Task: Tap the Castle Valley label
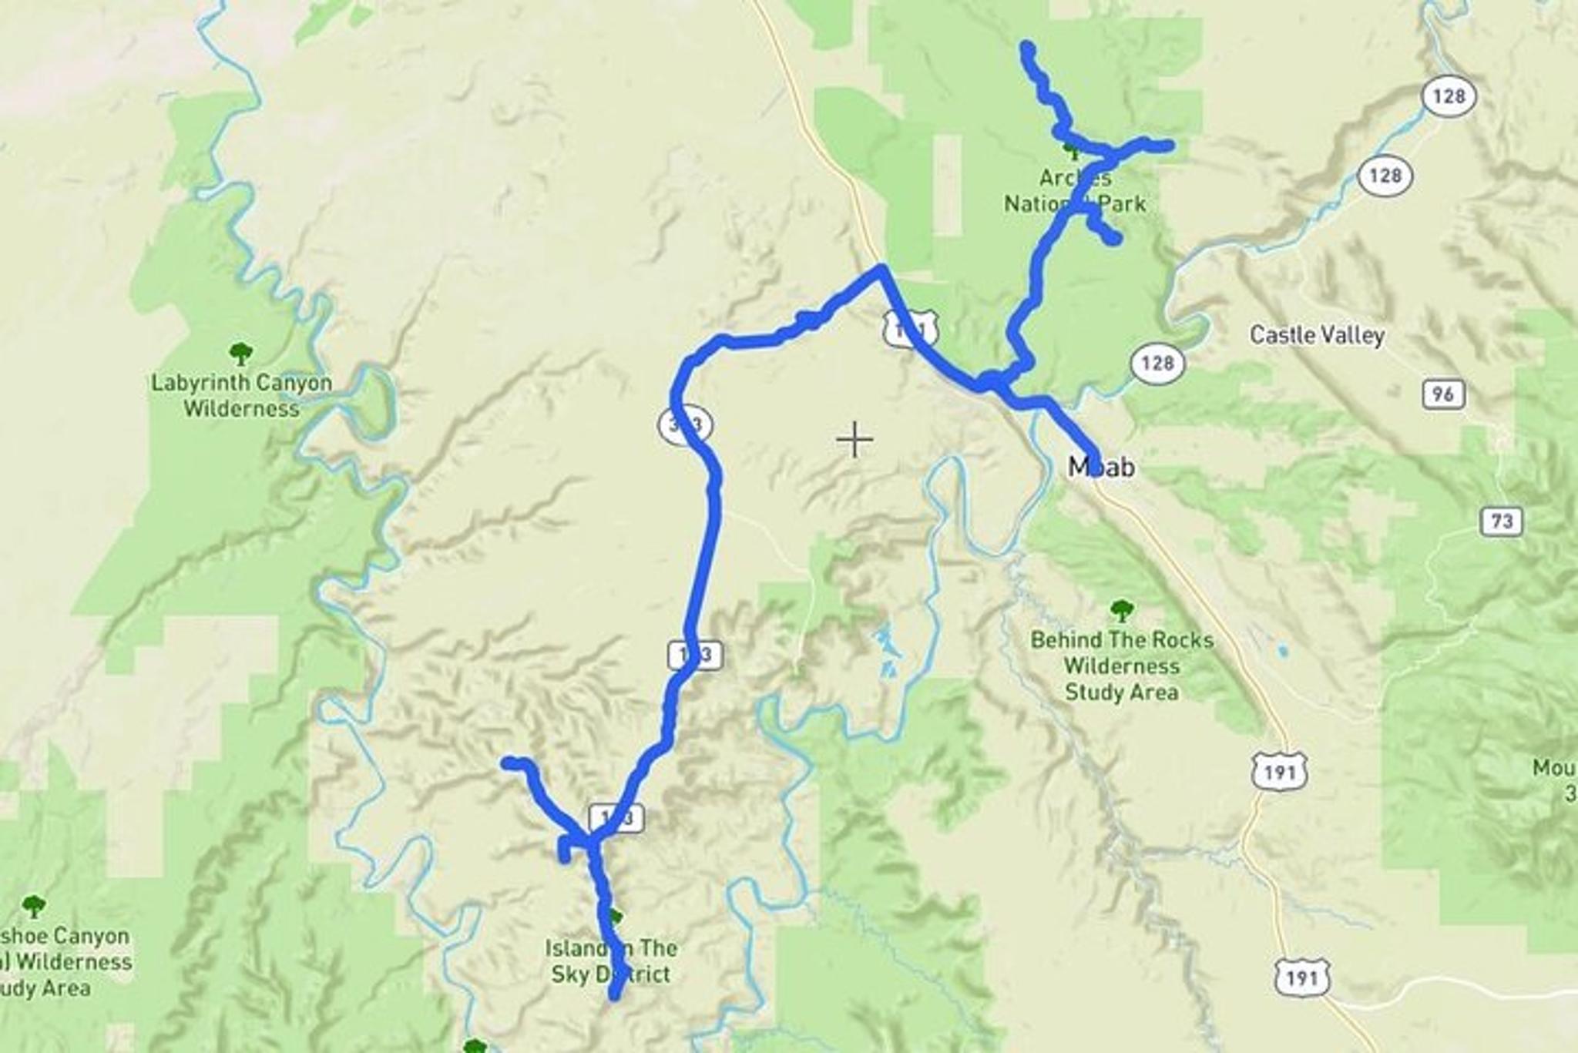(x=1317, y=335)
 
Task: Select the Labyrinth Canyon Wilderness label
(x=241, y=395)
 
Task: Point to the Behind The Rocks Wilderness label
(x=1121, y=666)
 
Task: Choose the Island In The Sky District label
(x=611, y=961)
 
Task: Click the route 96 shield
(x=1442, y=394)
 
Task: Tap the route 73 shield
(x=1501, y=521)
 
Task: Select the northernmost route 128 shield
(x=1449, y=96)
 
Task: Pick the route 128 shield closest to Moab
(x=1157, y=363)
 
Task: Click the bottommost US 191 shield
(x=1301, y=978)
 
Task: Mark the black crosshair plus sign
(x=854, y=440)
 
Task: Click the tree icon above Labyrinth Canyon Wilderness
(x=241, y=354)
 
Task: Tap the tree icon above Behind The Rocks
(x=1122, y=611)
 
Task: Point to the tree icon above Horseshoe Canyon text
(x=33, y=906)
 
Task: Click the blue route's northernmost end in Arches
(x=1026, y=48)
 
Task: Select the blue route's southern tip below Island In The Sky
(x=615, y=996)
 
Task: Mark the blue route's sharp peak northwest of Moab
(x=880, y=269)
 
